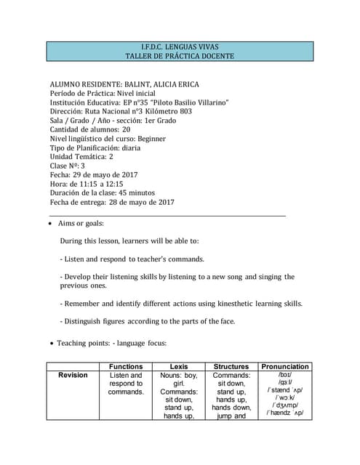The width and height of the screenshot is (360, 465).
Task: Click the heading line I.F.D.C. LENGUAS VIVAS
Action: click(180, 46)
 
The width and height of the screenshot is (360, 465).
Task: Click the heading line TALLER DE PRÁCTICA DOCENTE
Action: click(180, 56)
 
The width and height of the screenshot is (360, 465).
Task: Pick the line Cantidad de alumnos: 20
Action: click(90, 129)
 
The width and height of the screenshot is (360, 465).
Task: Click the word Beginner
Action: click(152, 139)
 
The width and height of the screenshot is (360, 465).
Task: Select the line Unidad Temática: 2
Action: click(81, 157)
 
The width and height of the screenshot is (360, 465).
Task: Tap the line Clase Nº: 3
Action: click(67, 166)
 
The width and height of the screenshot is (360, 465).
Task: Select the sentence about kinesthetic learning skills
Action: click(181, 303)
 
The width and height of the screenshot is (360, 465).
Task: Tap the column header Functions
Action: click(126, 367)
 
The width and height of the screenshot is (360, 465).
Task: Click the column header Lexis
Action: click(179, 367)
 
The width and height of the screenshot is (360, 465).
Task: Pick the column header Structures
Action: click(232, 367)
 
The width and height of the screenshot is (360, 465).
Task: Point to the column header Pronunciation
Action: click(285, 367)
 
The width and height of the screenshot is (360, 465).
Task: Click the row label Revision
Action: click(73, 376)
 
